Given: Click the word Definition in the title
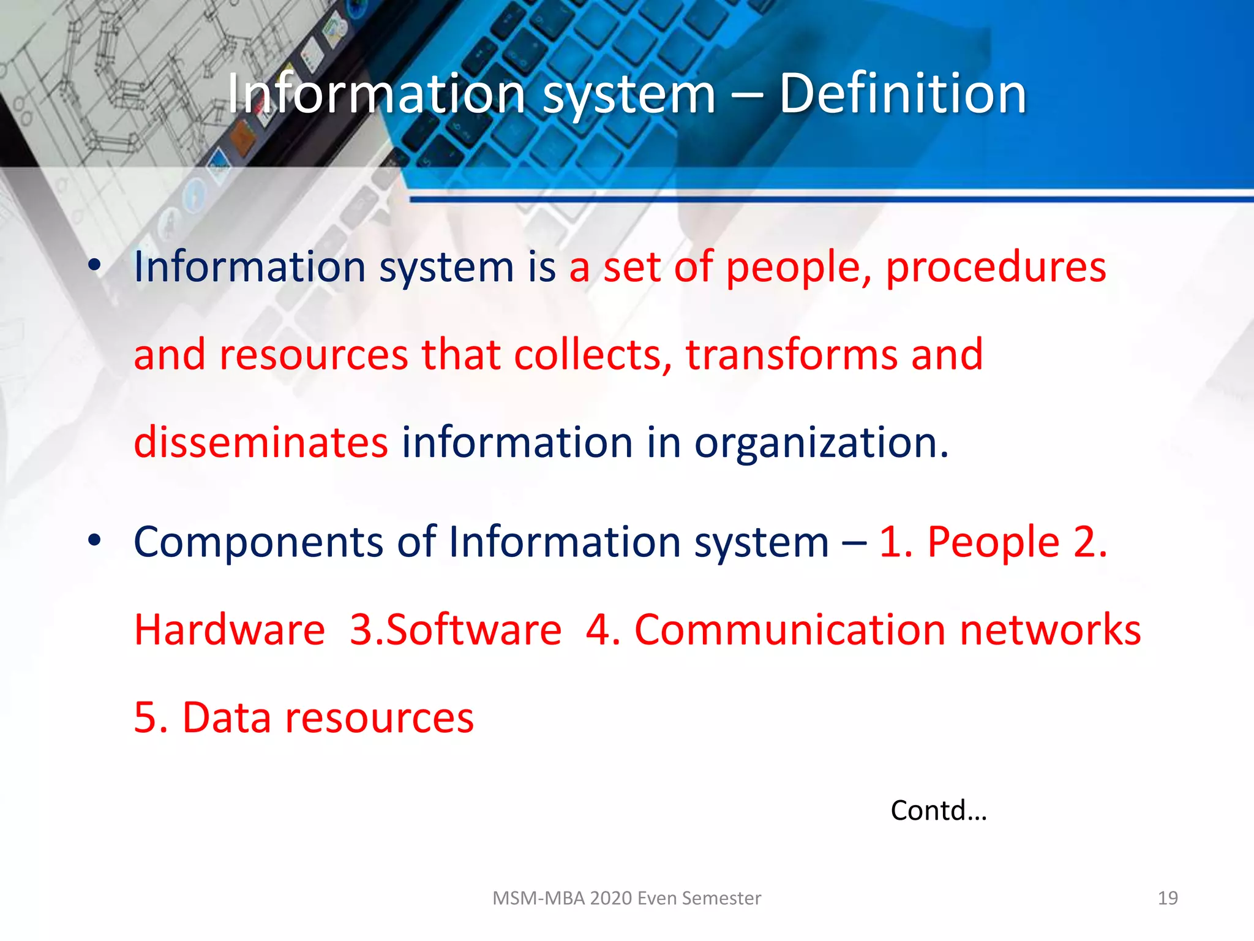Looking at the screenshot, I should (x=903, y=94).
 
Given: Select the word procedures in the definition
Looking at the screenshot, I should (x=996, y=268).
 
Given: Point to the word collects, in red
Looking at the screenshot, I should (x=593, y=355).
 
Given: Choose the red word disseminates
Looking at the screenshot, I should (x=261, y=442).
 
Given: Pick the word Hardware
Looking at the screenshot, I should (x=230, y=630).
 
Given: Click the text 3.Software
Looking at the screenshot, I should (x=456, y=630).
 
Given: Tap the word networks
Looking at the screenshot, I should (x=1050, y=630).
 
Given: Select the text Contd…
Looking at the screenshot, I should (x=939, y=811).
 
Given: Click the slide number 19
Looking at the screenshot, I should (x=1168, y=898).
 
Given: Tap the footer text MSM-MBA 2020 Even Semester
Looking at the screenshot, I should (x=626, y=898).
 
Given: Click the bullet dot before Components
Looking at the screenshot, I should (x=94, y=540).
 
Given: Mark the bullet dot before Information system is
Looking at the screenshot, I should (x=94, y=266).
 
